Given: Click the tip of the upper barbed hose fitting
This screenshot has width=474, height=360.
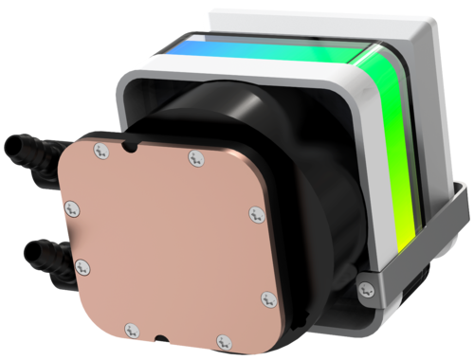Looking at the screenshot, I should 9,149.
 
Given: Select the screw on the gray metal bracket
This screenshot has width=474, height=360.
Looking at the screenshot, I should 365,286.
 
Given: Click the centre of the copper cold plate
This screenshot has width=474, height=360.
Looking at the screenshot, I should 171,242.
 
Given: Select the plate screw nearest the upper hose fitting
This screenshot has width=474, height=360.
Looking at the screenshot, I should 100,147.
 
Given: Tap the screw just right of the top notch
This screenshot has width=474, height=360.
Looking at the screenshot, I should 195,156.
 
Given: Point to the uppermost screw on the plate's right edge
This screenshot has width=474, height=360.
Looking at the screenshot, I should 255,216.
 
